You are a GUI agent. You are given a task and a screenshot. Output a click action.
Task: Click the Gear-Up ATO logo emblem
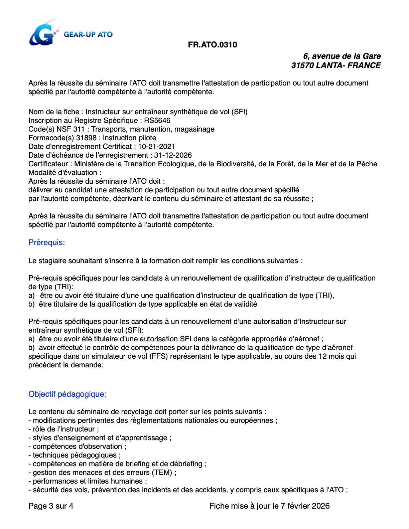click(42, 33)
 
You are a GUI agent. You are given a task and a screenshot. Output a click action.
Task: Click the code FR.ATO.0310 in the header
click(213, 45)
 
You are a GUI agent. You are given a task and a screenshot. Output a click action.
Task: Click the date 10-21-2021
click(156, 147)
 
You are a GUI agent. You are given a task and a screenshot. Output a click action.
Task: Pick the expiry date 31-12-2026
click(173, 155)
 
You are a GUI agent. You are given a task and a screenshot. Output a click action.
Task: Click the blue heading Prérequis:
click(46, 242)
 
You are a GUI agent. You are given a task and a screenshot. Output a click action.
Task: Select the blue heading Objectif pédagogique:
click(67, 394)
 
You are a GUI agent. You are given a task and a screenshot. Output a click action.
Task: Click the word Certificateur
click(48, 164)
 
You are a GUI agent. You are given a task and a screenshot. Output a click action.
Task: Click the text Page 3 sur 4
click(51, 506)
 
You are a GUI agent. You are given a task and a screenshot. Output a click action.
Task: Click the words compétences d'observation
click(78, 447)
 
